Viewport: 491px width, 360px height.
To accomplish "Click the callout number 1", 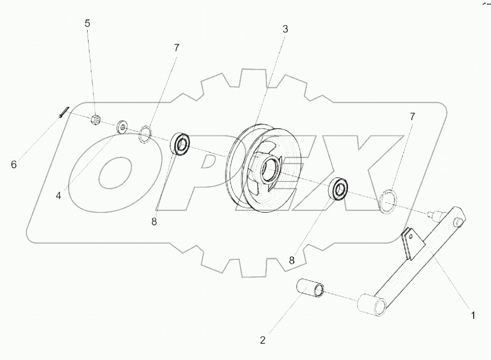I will (x=473, y=315).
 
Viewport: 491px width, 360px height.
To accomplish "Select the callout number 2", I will (x=263, y=340).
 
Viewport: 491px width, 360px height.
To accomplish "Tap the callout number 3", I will (x=285, y=29).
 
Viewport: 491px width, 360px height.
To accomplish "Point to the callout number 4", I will (x=58, y=195).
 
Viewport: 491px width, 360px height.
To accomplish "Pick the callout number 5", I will (x=88, y=23).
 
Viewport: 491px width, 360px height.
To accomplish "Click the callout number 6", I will (x=14, y=164).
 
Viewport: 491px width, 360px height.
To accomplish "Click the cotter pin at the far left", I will (x=63, y=113).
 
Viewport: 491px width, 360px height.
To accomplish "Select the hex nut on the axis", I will (x=97, y=119).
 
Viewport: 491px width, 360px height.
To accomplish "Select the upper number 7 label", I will (x=177, y=48).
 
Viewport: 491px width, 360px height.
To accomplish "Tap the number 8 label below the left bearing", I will (x=154, y=222).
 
